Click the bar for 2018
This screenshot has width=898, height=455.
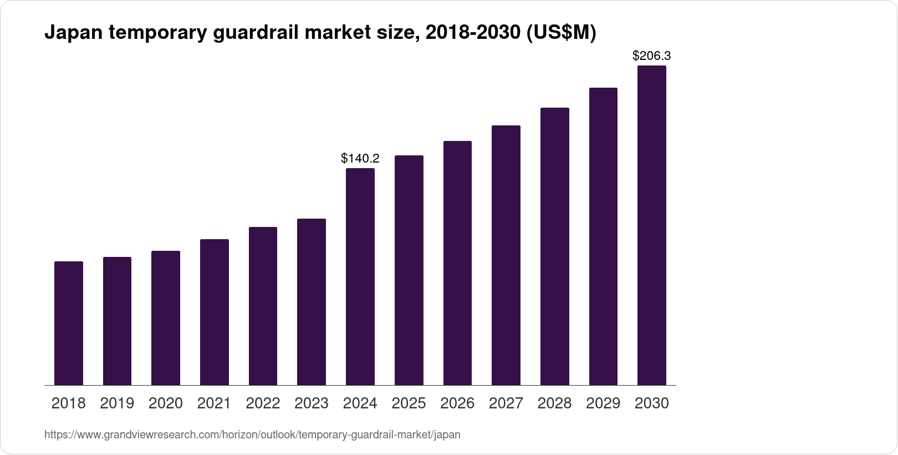pyautogui.click(x=69, y=323)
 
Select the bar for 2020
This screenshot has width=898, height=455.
pyautogui.click(x=166, y=318)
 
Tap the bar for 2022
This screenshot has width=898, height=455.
pyautogui.click(x=263, y=306)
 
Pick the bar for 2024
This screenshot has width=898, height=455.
pyautogui.click(x=360, y=276)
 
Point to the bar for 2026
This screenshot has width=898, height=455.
pyautogui.click(x=457, y=263)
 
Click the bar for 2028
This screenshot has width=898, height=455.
pyautogui.click(x=554, y=246)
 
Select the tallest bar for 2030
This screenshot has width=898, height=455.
pyautogui.click(x=652, y=225)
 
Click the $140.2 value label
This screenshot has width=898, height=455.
pyautogui.click(x=360, y=159)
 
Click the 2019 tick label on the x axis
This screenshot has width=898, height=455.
pyautogui.click(x=117, y=403)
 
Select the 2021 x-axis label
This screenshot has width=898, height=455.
pyautogui.click(x=214, y=403)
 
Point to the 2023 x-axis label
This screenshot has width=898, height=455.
pyautogui.click(x=312, y=403)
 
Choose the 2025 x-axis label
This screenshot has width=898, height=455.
pyautogui.click(x=409, y=403)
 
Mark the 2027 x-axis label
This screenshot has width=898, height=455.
pyautogui.click(x=506, y=403)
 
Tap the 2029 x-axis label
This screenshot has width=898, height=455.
pyautogui.click(x=603, y=403)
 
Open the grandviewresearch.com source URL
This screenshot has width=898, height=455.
pyautogui.click(x=252, y=435)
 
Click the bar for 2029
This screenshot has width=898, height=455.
pyautogui.click(x=603, y=236)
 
